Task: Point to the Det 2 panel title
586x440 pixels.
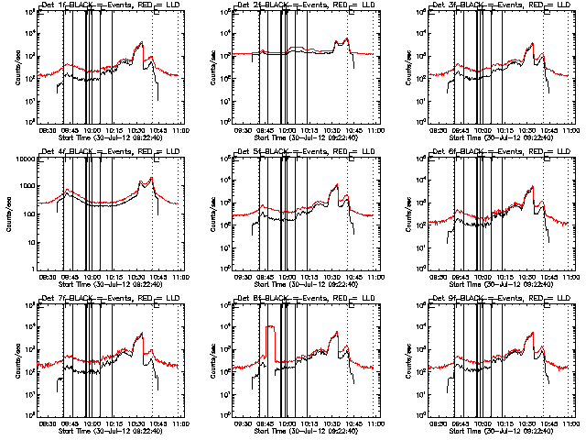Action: (x=309, y=5)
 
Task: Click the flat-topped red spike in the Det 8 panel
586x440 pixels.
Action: (x=270, y=326)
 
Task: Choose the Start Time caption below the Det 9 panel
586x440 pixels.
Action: (x=504, y=431)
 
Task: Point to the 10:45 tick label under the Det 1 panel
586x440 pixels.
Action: (x=158, y=130)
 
